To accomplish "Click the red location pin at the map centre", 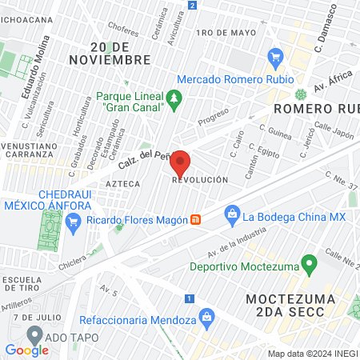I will point(180,163).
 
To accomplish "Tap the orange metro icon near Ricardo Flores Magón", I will point(195,220).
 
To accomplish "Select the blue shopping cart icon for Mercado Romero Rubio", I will point(277,57).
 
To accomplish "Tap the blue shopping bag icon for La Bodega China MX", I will point(232,214).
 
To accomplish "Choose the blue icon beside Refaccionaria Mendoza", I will point(206,317).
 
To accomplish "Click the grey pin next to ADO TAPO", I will point(34,334).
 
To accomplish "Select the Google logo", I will point(26,350).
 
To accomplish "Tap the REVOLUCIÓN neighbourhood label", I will point(195,181).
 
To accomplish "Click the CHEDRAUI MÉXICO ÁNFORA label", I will point(48,199).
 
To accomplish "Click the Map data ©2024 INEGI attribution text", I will point(313,354).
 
